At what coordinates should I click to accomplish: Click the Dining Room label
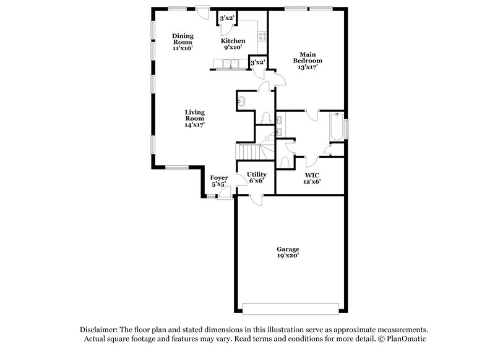click(183, 41)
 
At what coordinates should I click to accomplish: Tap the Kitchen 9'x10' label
click(232, 44)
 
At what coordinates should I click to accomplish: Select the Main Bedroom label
click(308, 61)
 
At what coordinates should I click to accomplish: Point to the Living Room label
click(194, 118)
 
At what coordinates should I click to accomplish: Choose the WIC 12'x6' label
click(311, 178)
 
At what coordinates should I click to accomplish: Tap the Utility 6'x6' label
click(256, 178)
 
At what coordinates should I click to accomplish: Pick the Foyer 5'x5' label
click(219, 181)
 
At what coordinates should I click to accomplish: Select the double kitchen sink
click(233, 63)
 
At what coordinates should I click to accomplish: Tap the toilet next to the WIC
click(285, 162)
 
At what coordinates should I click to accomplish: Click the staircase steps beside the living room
click(247, 150)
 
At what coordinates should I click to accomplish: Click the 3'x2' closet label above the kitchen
click(226, 18)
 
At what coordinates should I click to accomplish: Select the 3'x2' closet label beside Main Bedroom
click(257, 62)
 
